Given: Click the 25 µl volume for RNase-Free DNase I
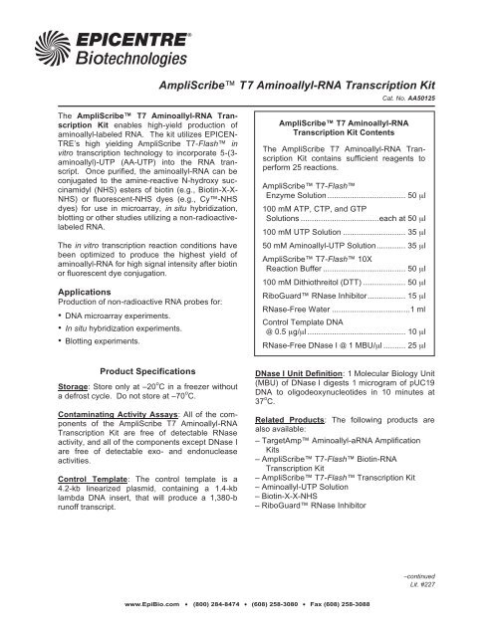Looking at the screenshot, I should click(443, 372).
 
